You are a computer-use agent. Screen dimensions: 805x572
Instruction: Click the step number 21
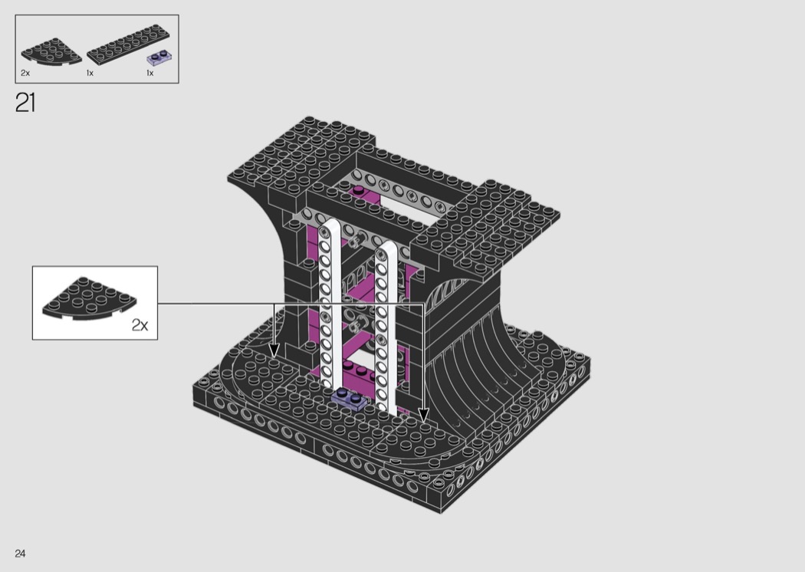25,103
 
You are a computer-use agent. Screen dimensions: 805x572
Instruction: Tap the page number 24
20,553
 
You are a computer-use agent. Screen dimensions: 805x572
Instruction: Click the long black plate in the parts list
128,44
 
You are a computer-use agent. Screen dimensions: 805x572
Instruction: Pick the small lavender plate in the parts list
159,58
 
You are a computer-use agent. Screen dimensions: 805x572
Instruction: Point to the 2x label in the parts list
25,74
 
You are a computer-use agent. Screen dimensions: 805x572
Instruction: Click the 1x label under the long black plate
90,74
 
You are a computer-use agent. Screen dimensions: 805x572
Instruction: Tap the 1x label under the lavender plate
150,74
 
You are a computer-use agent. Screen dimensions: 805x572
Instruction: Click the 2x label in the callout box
140,325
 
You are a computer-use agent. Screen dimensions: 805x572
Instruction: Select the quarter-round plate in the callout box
89,298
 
